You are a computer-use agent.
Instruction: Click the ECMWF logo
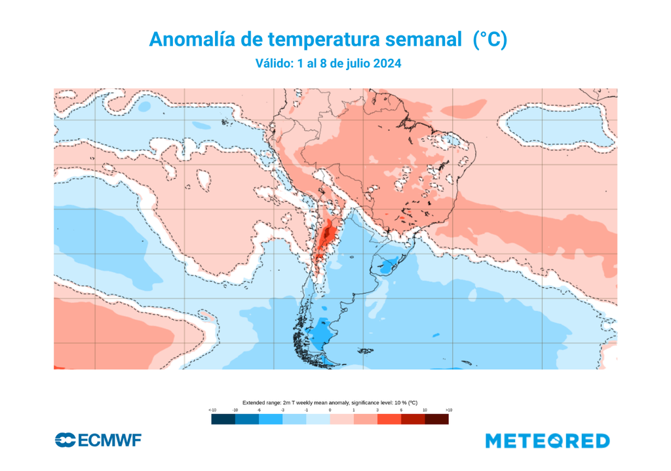click(98, 440)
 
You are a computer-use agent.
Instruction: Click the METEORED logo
click(547, 441)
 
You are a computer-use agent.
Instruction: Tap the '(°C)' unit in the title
click(489, 40)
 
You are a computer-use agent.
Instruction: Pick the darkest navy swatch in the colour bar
click(223, 419)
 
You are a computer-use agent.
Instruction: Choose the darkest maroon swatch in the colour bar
click(437, 419)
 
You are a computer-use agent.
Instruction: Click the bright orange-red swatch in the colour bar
click(389, 419)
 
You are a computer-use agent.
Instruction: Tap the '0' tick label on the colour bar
click(330, 410)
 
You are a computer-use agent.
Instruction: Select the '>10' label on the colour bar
click(448, 410)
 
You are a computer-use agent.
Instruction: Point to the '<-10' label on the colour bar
click(212, 410)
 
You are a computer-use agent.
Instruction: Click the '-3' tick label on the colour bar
click(282, 410)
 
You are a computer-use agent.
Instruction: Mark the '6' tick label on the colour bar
click(401, 410)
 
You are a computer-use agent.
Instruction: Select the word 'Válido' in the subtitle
click(272, 64)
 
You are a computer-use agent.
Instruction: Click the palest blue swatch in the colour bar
click(318, 419)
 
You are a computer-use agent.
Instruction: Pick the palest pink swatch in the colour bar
click(342, 419)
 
